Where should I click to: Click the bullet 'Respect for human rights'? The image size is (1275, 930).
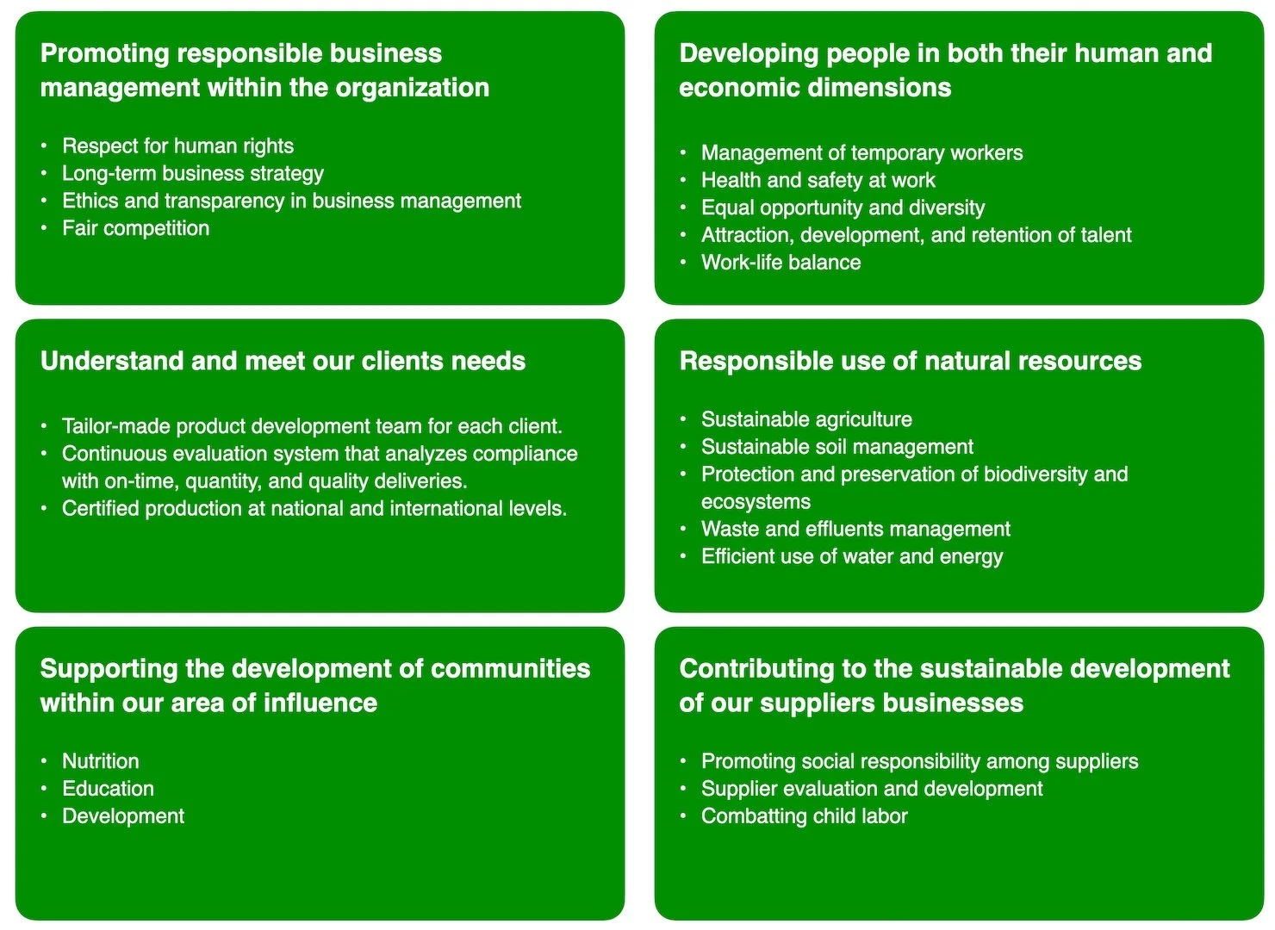pos(177,146)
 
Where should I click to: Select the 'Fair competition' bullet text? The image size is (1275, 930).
pos(135,228)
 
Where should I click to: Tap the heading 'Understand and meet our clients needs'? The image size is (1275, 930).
pos(283,361)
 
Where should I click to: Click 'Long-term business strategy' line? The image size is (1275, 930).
pos(193,174)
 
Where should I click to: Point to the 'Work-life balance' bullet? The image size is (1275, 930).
pos(781,263)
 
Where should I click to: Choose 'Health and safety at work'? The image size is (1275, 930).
pos(818,181)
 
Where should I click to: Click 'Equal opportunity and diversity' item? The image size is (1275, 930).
pos(843,208)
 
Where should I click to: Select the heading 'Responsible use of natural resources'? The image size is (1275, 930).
pos(910,361)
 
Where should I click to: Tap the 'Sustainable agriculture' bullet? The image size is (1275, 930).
pos(806,419)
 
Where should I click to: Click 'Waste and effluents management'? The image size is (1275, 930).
pos(855,530)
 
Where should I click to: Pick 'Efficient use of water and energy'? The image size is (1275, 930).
pos(852,557)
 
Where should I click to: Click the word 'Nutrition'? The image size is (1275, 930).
pos(100,761)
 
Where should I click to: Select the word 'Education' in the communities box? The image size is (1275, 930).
pos(108,789)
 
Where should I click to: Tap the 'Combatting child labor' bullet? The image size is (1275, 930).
pos(804,816)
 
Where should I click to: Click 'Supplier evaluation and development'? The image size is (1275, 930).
pos(872,789)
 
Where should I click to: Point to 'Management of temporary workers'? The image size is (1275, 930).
pos(861,153)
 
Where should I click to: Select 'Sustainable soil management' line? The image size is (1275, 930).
pos(837,447)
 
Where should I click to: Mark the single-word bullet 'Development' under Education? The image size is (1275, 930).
pos(123,816)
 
